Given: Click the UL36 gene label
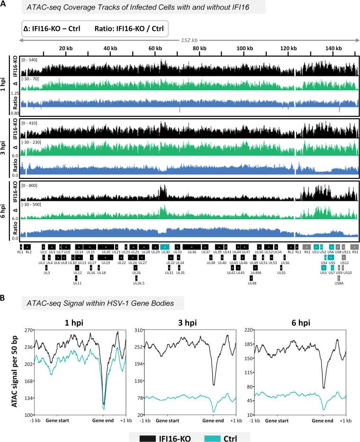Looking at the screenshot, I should tap(192, 253).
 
